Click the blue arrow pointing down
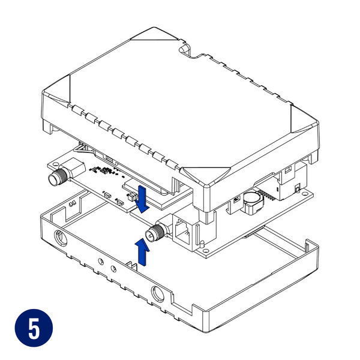tap(143, 200)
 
